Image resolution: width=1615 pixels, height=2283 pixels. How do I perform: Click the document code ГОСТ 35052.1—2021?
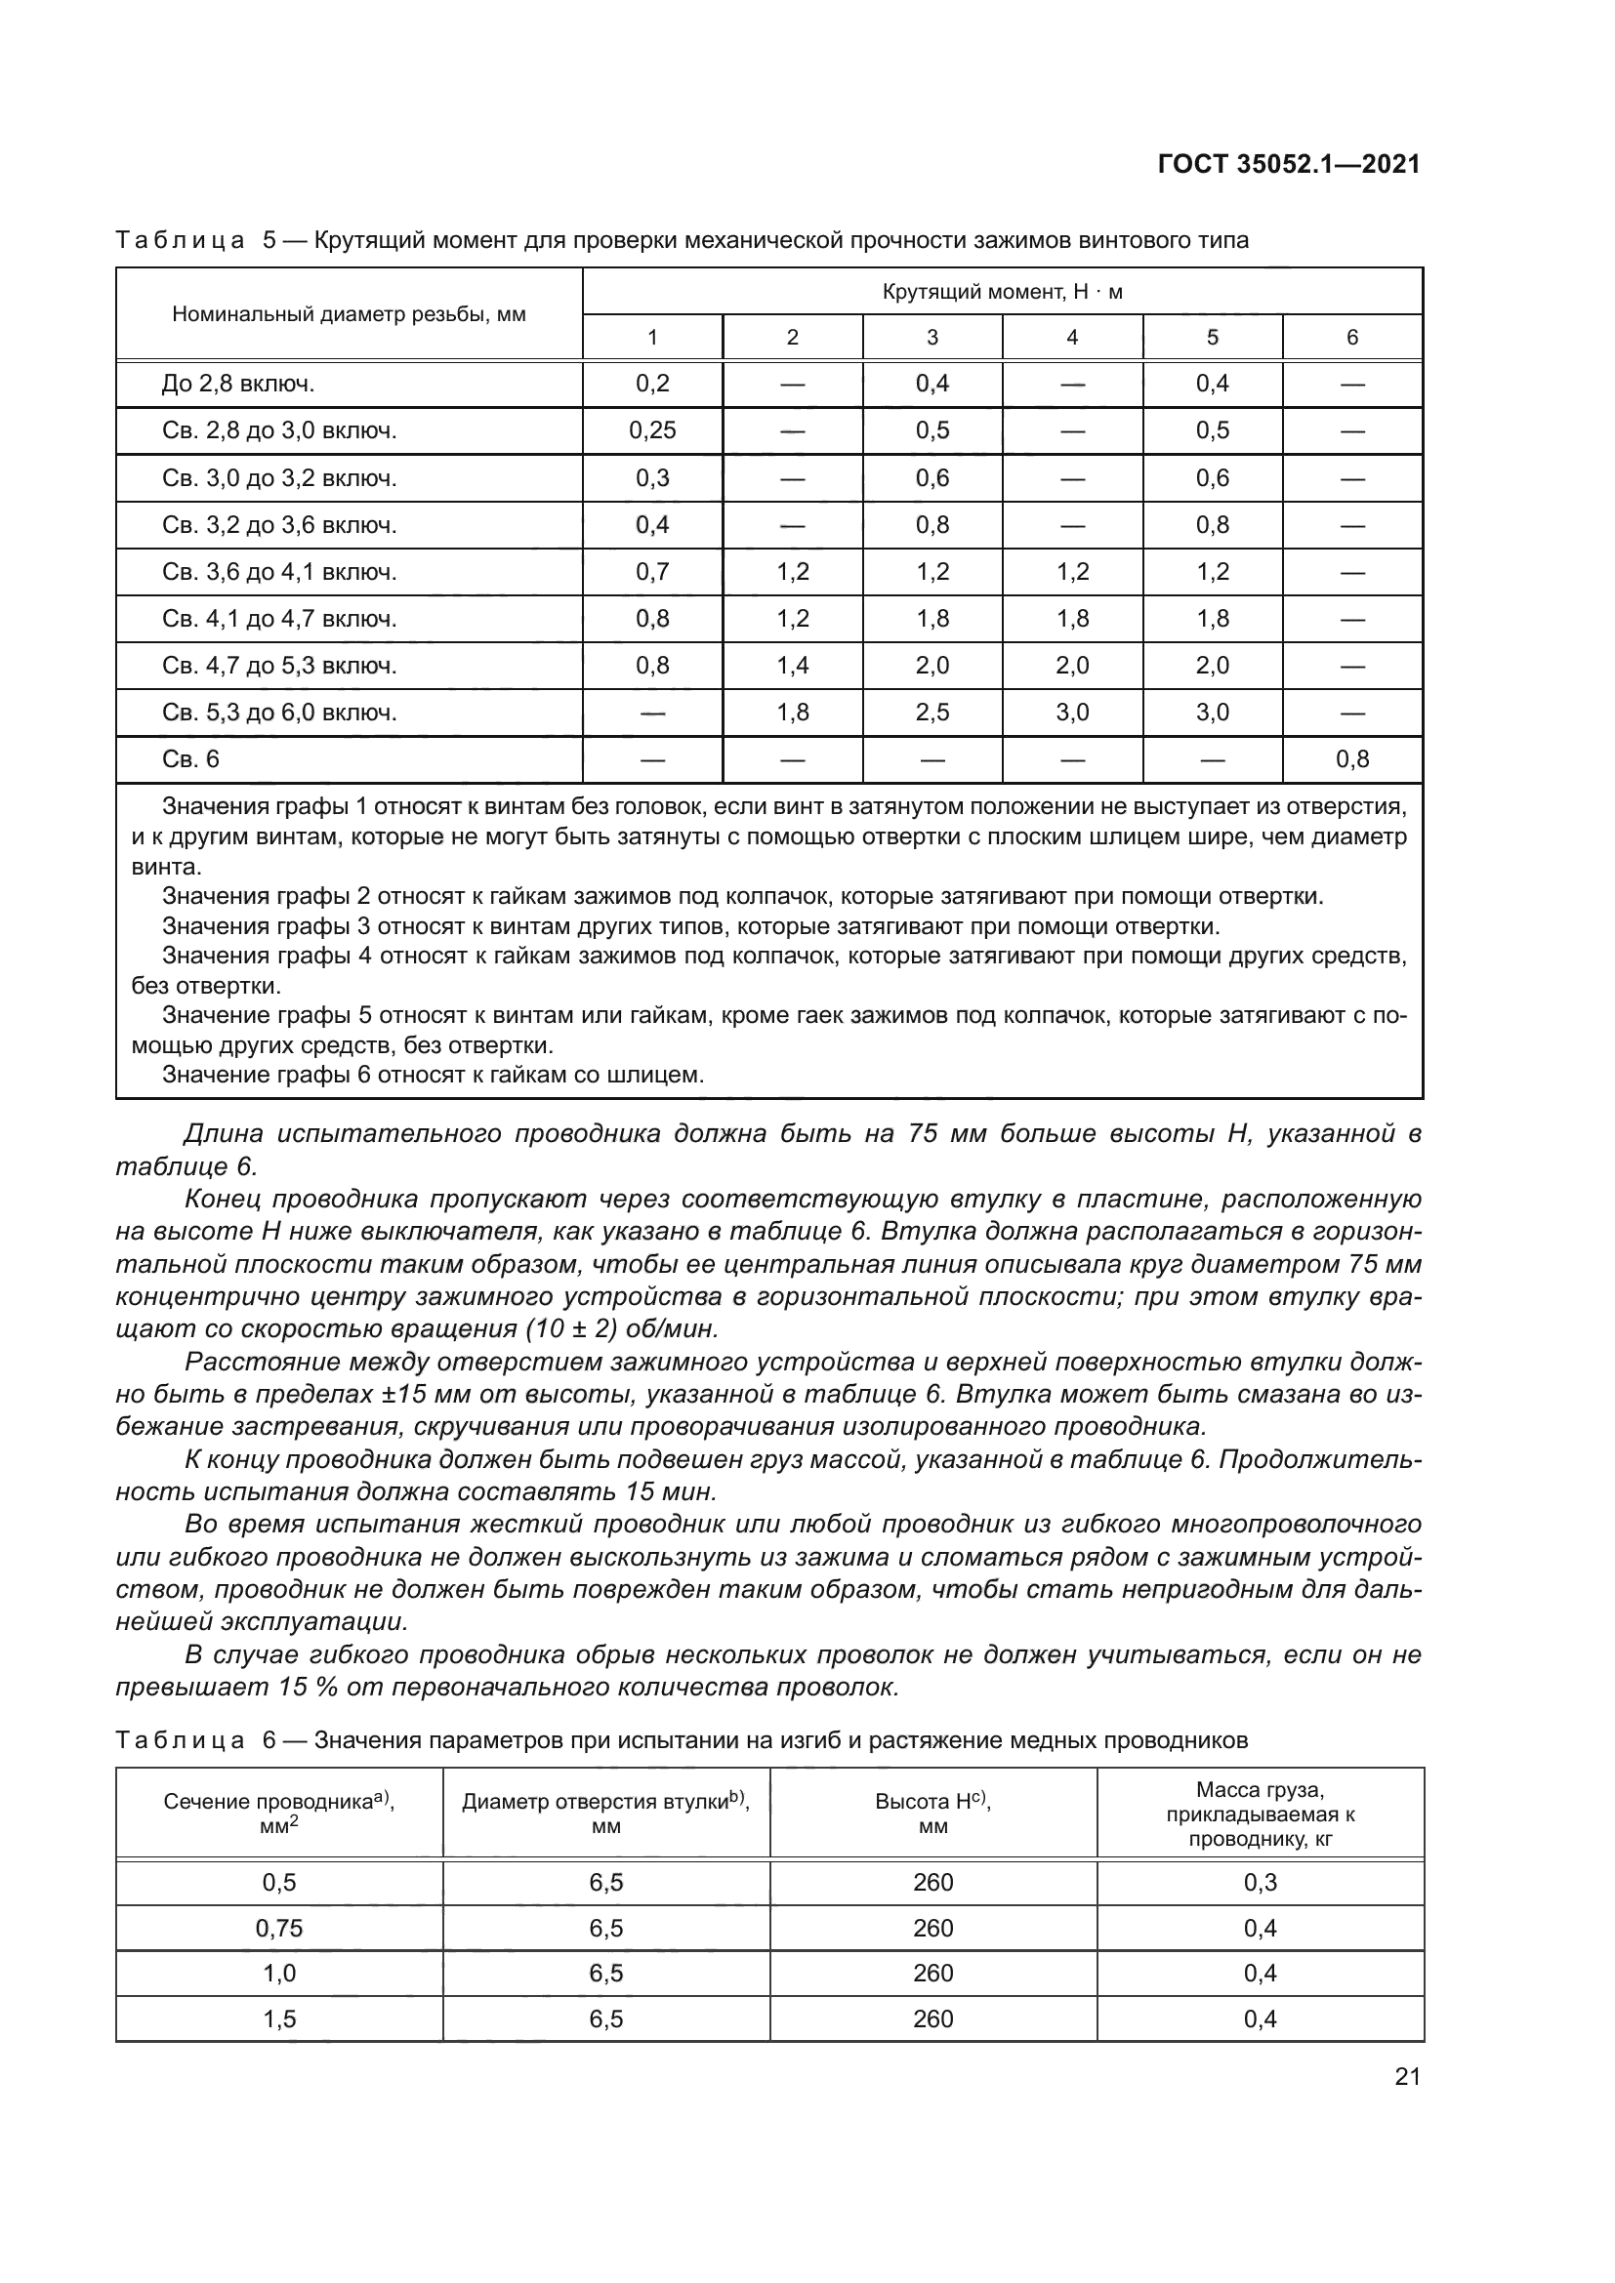[1288, 164]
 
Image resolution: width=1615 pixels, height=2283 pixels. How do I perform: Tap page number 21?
[1407, 2076]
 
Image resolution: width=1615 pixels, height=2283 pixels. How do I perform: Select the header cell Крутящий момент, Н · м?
[1002, 291]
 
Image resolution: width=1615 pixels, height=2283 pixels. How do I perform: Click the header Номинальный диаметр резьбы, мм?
[349, 314]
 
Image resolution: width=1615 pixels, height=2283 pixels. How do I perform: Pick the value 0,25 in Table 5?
[652, 430]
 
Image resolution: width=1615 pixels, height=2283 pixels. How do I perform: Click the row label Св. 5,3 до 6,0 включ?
[279, 712]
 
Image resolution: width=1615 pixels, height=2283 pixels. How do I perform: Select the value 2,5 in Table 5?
[932, 712]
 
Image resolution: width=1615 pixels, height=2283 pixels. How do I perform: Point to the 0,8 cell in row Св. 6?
[1351, 759]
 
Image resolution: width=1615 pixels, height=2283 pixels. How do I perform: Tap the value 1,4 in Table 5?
[793, 666]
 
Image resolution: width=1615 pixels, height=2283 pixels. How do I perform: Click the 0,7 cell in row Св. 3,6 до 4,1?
[652, 572]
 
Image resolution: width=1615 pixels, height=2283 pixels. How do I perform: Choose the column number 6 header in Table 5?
[1351, 337]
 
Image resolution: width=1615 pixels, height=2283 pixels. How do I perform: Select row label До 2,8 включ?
[237, 384]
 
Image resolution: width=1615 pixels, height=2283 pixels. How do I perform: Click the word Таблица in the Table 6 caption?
[180, 1740]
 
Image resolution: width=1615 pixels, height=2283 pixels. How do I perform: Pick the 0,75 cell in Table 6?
[279, 1928]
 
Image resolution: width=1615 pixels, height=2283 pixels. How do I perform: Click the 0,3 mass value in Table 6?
[1260, 1882]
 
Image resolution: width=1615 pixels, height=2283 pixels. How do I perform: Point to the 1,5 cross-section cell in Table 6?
[279, 2018]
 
